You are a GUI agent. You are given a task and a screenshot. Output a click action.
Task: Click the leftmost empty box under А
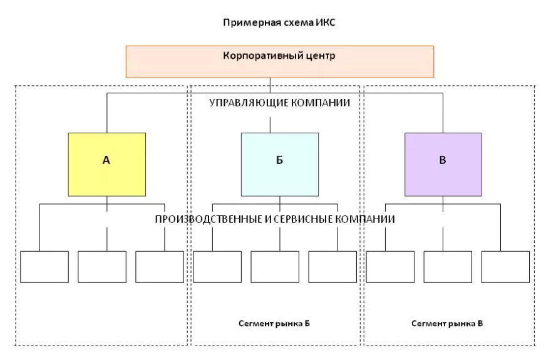[44, 267]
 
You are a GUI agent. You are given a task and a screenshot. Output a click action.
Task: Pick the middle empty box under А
[102, 267]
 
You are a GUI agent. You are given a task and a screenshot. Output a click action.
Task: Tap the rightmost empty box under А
[160, 267]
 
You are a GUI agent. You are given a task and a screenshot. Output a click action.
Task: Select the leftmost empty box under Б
[217, 267]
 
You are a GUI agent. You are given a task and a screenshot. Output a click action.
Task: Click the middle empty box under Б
[275, 267]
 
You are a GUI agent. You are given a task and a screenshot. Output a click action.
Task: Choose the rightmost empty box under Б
[332, 267]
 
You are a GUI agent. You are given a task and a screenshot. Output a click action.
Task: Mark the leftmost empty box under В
[390, 267]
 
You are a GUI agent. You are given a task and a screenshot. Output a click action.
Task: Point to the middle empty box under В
[447, 267]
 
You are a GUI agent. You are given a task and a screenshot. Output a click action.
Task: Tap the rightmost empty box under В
[505, 267]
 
